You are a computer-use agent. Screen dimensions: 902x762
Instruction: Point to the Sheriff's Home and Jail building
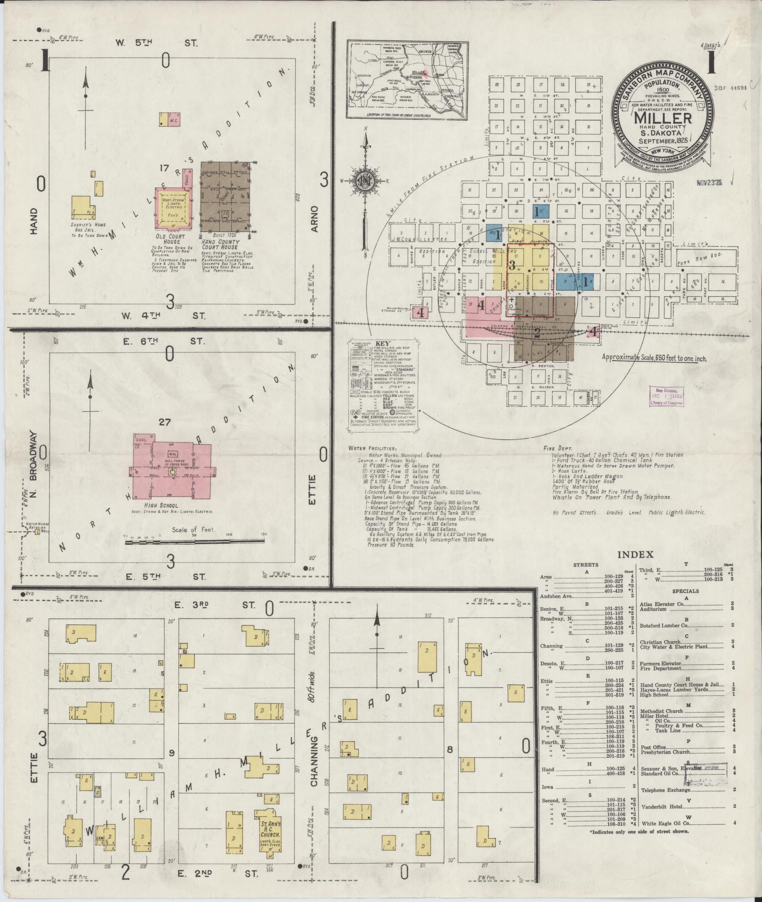coord(81,208)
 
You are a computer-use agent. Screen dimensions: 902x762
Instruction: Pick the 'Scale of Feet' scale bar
coord(194,542)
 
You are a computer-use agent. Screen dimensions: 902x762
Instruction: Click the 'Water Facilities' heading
coord(372,448)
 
